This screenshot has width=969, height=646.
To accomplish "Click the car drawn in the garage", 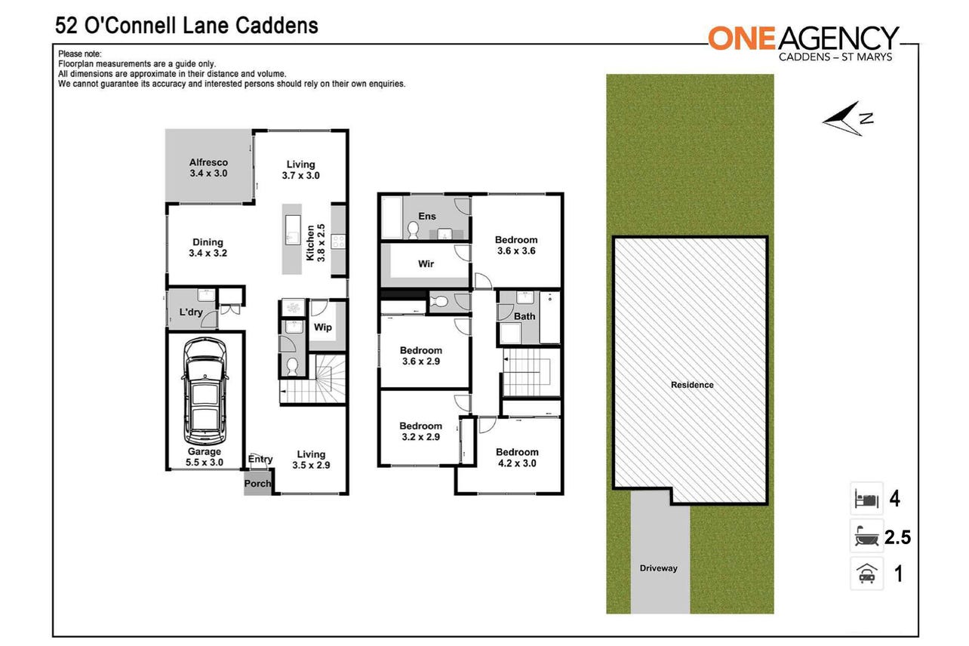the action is (205, 391).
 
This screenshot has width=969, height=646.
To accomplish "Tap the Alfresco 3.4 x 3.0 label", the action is (208, 168).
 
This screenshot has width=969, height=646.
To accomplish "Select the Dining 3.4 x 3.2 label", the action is (208, 248).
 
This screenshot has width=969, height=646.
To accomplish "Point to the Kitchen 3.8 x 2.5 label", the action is (315, 243).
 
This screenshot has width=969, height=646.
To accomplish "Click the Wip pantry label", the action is (323, 327).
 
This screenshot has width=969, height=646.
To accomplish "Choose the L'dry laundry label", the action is (191, 312).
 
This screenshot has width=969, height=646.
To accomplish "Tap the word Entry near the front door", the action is (260, 459).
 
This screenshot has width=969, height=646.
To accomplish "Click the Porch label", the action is (257, 483).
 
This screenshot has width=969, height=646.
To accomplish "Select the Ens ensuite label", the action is (427, 217).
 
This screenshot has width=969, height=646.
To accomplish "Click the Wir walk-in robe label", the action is (426, 264).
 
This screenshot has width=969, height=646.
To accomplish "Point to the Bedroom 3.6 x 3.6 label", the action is (516, 245).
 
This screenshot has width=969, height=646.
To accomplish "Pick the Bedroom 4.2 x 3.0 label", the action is (517, 458).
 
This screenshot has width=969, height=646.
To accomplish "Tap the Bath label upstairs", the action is (524, 316).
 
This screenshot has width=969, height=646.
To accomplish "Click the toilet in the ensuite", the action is (413, 230).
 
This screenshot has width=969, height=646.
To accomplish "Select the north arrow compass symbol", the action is (847, 118).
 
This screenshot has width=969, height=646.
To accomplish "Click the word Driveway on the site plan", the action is (658, 568).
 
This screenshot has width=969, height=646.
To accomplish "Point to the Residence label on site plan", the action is (692, 385).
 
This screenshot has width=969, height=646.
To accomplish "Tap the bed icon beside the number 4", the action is (866, 498).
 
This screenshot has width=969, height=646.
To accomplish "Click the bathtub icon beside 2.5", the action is (866, 537).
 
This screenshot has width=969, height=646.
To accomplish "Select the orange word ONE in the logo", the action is (741, 38).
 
